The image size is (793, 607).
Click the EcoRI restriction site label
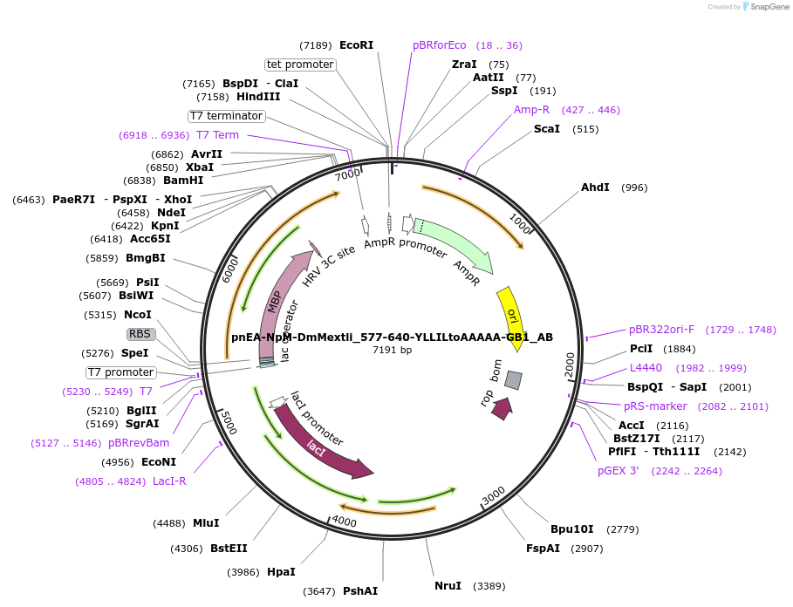point(356,45)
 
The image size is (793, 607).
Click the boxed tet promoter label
point(300,65)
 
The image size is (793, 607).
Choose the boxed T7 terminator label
point(226,116)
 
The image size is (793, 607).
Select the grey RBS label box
point(140,334)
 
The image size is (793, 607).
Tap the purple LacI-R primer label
point(169,481)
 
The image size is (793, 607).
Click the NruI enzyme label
point(448,586)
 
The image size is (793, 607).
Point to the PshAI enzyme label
point(359,591)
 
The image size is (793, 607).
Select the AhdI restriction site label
point(595,188)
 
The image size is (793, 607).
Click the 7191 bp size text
point(392,350)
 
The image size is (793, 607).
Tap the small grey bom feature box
point(514,380)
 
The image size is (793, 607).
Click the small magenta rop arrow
point(502,408)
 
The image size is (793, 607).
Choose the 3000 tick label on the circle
point(494,494)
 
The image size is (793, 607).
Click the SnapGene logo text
point(765,7)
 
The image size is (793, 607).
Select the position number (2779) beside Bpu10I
point(623,529)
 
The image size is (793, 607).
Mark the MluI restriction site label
point(206,523)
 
